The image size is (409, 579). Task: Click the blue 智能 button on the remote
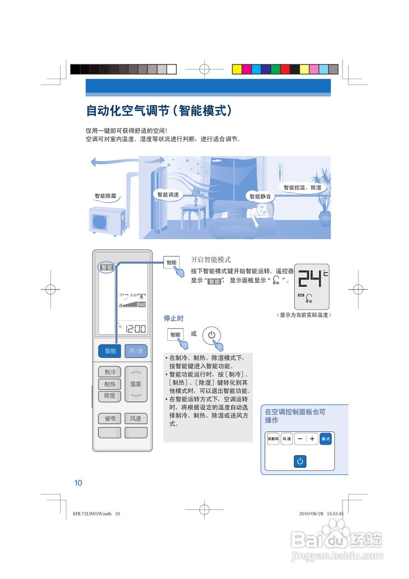(109, 351)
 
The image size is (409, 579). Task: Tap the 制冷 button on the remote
(110, 372)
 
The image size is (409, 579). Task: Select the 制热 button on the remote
(110, 384)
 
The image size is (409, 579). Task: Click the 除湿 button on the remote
(110, 395)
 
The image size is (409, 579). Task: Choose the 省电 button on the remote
(110, 419)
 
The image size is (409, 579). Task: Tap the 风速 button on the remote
(136, 419)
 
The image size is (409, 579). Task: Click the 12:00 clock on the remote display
(135, 329)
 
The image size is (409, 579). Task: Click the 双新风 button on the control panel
(273, 439)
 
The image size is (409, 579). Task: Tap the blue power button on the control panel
(300, 461)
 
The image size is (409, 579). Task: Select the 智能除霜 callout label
(105, 196)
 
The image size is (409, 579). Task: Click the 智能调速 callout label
(168, 195)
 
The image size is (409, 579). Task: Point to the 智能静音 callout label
(260, 196)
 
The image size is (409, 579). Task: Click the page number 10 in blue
(78, 483)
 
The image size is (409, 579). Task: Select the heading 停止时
(174, 318)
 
